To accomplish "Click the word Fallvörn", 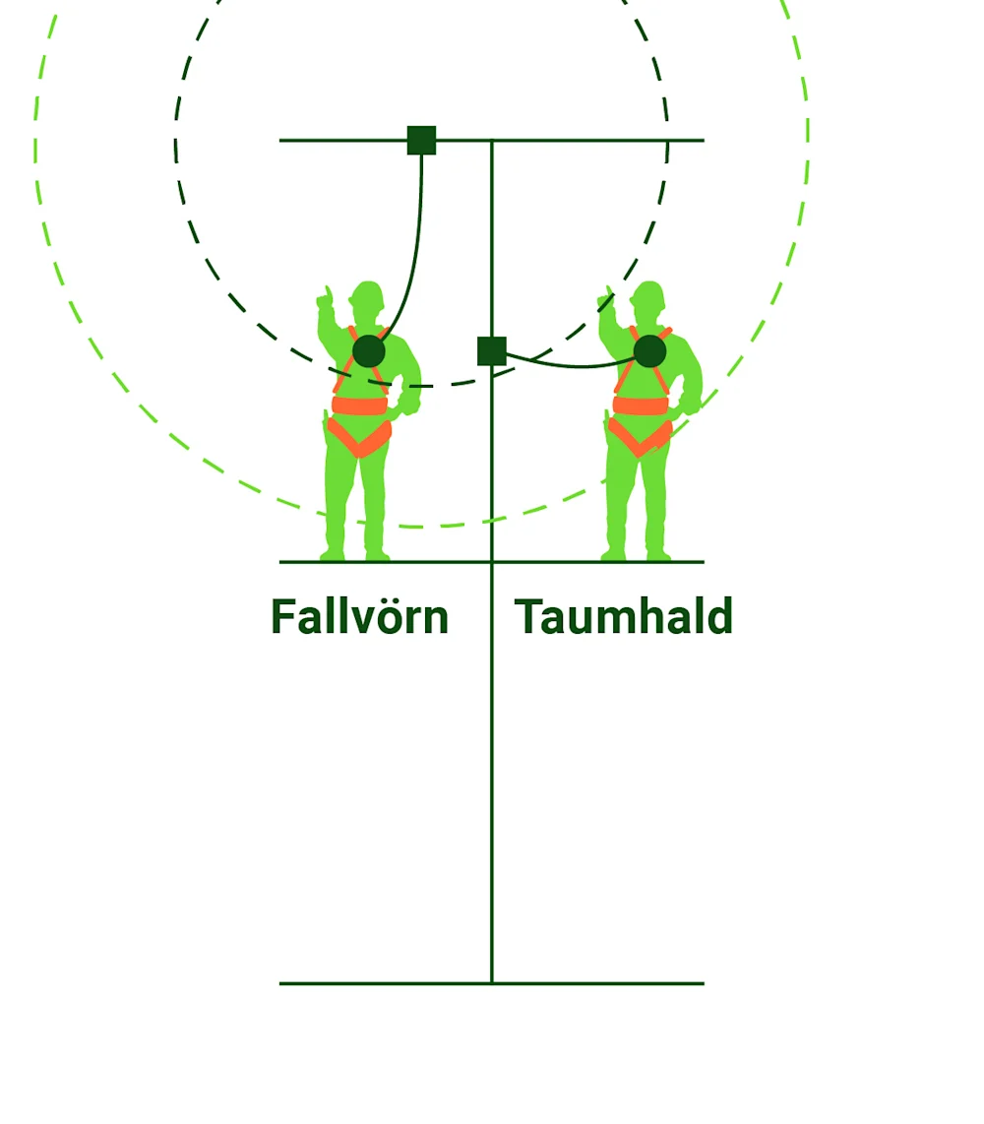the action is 359,618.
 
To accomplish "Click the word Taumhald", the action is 624,618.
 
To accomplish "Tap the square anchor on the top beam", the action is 421,141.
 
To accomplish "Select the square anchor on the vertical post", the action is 492,351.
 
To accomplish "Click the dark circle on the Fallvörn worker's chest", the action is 369,351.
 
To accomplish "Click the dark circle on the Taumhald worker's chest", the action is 649,351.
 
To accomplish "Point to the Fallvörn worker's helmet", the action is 367,293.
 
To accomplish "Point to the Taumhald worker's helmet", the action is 648,293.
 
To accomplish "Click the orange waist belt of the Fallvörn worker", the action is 359,405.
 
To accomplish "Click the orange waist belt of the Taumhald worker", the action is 641,405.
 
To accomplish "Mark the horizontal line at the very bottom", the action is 492,983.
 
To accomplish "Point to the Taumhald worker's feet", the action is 636,555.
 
